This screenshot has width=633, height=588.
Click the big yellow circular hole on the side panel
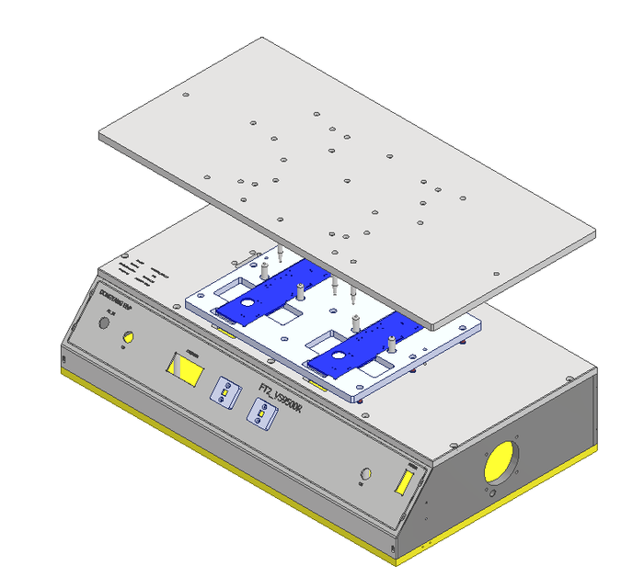[x=501, y=461]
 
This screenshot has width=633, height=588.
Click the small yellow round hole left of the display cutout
[x=128, y=340]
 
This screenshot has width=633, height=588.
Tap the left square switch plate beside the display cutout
[x=224, y=391]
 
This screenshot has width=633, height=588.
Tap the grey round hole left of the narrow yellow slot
[x=366, y=473]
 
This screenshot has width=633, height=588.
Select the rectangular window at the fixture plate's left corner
[x=244, y=277]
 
